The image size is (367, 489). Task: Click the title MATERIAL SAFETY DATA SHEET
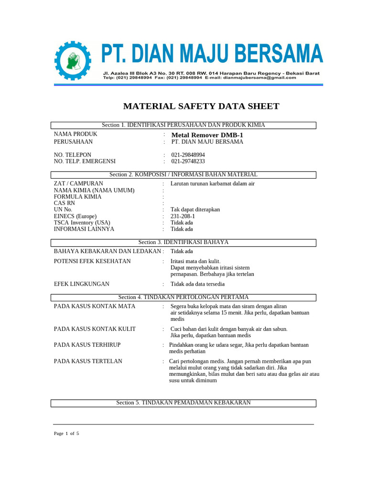pyautogui.click(x=201, y=106)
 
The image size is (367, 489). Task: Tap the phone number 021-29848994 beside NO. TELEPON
pyautogui.click(x=188, y=155)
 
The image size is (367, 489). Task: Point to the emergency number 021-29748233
pyautogui.click(x=188, y=161)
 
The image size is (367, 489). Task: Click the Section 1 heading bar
pyautogui.click(x=183, y=125)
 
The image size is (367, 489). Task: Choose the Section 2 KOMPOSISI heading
pyautogui.click(x=183, y=175)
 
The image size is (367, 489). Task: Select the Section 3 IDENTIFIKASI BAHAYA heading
pyautogui.click(x=183, y=242)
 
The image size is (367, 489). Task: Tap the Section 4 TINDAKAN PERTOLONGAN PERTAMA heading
pyautogui.click(x=183, y=298)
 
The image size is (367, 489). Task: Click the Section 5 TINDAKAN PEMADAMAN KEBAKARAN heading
pyautogui.click(x=183, y=403)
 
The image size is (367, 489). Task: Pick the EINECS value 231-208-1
pyautogui.click(x=183, y=216)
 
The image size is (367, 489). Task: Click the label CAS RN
pyautogui.click(x=65, y=203)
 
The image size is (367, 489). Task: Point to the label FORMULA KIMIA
pyautogui.click(x=77, y=196)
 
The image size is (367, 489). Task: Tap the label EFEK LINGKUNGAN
pyautogui.click(x=82, y=284)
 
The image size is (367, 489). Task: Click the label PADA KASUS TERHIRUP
pyautogui.click(x=87, y=345)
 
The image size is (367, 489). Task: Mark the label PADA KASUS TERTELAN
pyautogui.click(x=88, y=361)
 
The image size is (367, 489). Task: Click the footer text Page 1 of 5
pyautogui.click(x=66, y=434)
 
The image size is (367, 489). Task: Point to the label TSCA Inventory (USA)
pyautogui.click(x=82, y=223)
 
